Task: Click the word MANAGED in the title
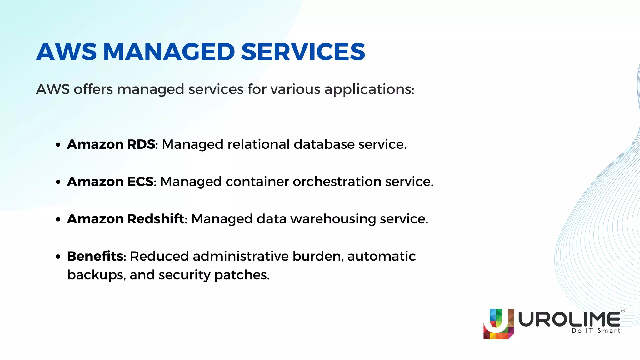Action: tap(169, 52)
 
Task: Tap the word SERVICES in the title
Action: tap(303, 52)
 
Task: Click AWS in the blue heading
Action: tap(66, 52)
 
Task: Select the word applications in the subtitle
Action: tap(369, 90)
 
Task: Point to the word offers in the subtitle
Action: tap(93, 89)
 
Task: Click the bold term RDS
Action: tap(141, 144)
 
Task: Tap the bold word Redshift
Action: tap(156, 219)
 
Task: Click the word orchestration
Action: tap(337, 182)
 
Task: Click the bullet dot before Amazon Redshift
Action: tap(58, 220)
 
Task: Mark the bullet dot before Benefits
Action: tap(58, 257)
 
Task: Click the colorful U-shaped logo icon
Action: tap(498, 324)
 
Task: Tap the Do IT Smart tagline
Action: tap(596, 331)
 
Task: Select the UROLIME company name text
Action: tap(569, 319)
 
